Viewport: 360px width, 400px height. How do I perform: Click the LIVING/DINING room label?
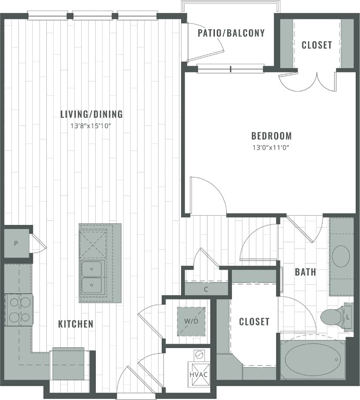pyautogui.click(x=91, y=114)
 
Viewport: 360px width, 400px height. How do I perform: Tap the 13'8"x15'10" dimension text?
pyautogui.click(x=91, y=126)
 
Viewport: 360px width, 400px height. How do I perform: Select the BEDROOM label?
pyautogui.click(x=271, y=136)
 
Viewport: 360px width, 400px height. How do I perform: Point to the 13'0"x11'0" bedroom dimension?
pyautogui.click(x=271, y=147)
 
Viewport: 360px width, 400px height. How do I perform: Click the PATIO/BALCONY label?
pyautogui.click(x=231, y=33)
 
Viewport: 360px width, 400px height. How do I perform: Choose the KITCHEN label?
pyautogui.click(x=75, y=324)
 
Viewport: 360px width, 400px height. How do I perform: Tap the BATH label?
pyautogui.click(x=305, y=272)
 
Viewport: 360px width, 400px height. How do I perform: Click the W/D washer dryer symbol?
pyautogui.click(x=191, y=321)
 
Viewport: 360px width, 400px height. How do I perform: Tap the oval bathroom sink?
pyautogui.click(x=341, y=257)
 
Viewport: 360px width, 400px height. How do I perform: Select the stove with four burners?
pyautogui.click(x=19, y=310)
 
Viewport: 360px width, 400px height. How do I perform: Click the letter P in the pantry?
pyautogui.click(x=16, y=243)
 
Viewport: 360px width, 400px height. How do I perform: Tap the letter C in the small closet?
pyautogui.click(x=206, y=289)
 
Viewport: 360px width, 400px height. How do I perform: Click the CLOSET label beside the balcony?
pyautogui.click(x=316, y=45)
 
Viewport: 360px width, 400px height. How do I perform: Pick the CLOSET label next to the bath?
pyautogui.click(x=254, y=321)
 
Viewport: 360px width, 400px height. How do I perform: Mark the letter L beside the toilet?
pyautogui.click(x=349, y=316)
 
